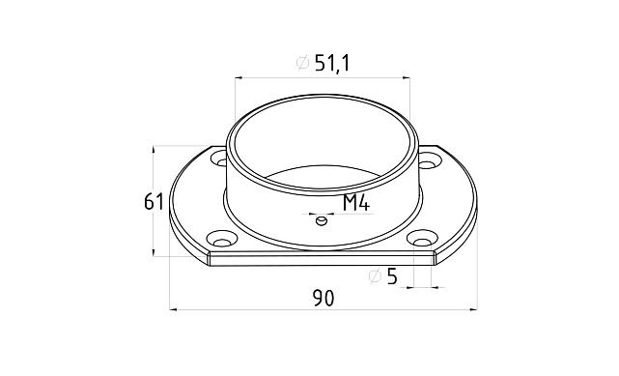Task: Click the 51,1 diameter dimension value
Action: tap(332, 64)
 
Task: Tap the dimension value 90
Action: tap(324, 299)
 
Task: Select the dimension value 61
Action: tap(154, 202)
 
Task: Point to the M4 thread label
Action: tap(356, 203)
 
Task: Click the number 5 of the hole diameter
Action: tap(392, 276)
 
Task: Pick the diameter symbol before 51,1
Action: tap(302, 63)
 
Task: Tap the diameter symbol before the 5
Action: tap(375, 276)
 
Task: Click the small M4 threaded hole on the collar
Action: tap(322, 220)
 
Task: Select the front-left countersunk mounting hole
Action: tap(221, 239)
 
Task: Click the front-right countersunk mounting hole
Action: tap(422, 239)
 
